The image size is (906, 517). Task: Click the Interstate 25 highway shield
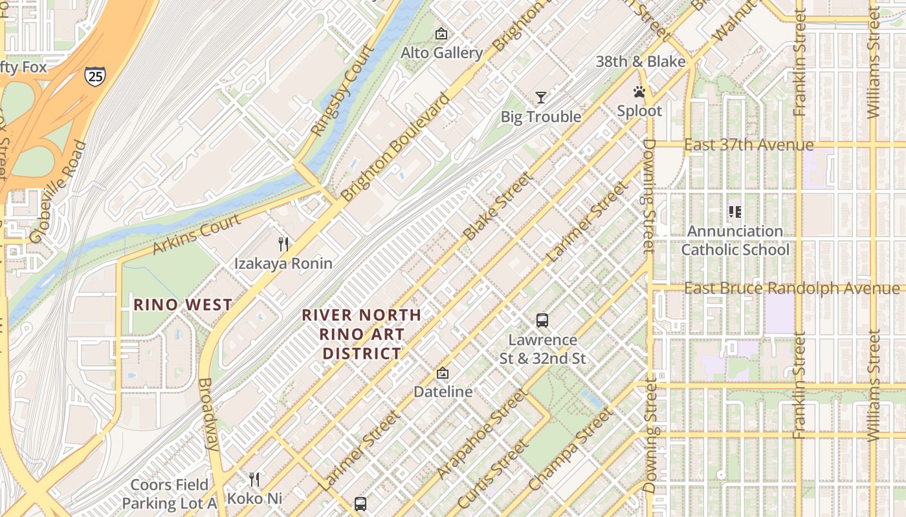coord(94,77)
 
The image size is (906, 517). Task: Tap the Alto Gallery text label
coord(441,53)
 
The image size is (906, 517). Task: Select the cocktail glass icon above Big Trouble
coord(541,98)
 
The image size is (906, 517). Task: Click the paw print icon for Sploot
coord(639,92)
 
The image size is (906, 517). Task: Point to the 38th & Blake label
coord(640,61)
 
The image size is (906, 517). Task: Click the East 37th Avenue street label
coord(748,145)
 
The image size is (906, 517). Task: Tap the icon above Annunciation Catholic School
coord(735,211)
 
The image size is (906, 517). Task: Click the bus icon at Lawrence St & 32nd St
coord(542,320)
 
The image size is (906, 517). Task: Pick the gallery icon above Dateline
coord(443,373)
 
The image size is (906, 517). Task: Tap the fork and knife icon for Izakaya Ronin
coord(283,244)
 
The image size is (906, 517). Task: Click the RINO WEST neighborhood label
coord(182,305)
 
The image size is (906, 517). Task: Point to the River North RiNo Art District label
coord(362,334)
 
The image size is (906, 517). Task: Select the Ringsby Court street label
coord(342,90)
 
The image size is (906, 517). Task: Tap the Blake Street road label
coord(497,206)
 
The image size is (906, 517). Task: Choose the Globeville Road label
coord(58,193)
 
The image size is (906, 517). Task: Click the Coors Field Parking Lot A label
coord(170,494)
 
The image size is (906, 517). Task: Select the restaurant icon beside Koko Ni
coord(254,480)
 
